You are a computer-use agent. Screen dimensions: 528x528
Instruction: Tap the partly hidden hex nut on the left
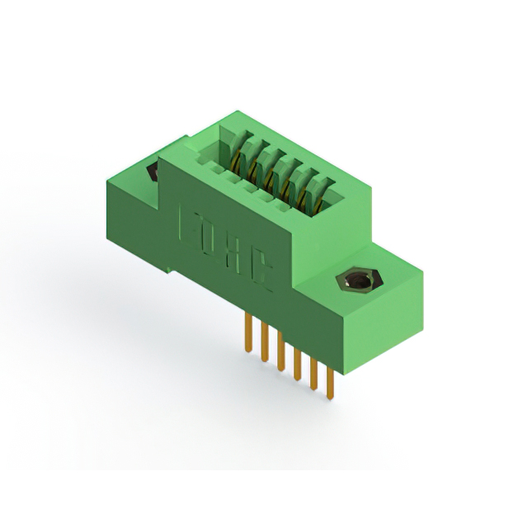pyautogui.click(x=153, y=172)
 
